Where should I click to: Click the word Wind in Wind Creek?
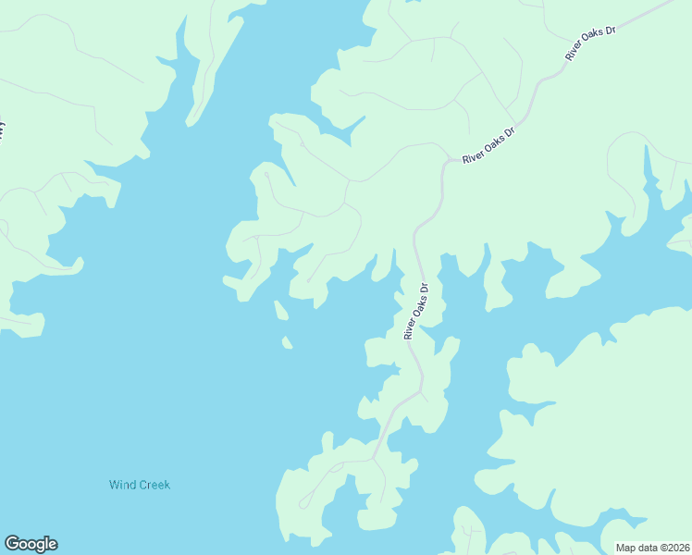pos(123,485)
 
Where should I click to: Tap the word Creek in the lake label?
pos(154,485)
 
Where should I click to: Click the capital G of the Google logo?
pos(12,544)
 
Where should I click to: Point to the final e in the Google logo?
pos(53,544)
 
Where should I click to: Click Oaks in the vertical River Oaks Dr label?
pos(417,307)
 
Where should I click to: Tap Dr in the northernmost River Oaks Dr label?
pos(611,31)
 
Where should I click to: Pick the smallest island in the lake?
pos(287,343)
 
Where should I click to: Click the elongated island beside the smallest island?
pos(279,311)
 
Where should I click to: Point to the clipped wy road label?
pos(3,129)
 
